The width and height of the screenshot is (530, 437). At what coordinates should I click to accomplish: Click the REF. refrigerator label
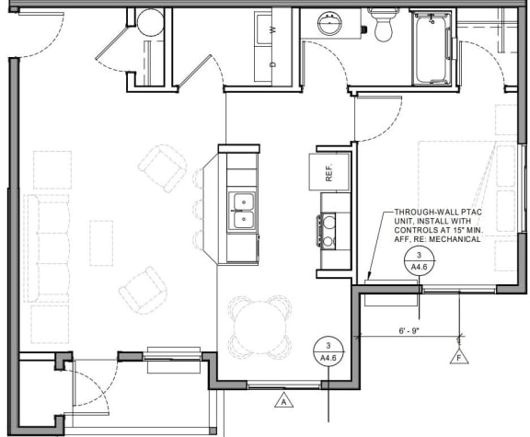[x=328, y=170]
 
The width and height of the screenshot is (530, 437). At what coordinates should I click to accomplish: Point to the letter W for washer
[x=272, y=29]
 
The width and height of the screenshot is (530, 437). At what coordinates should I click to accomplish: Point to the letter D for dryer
[x=272, y=64]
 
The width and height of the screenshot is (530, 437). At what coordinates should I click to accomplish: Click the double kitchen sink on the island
[x=243, y=210]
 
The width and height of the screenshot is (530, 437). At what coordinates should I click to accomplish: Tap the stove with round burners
[x=328, y=230]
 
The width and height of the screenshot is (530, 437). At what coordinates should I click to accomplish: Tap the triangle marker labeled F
[x=457, y=356]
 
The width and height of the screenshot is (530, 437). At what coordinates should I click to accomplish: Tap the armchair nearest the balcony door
[x=144, y=290]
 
